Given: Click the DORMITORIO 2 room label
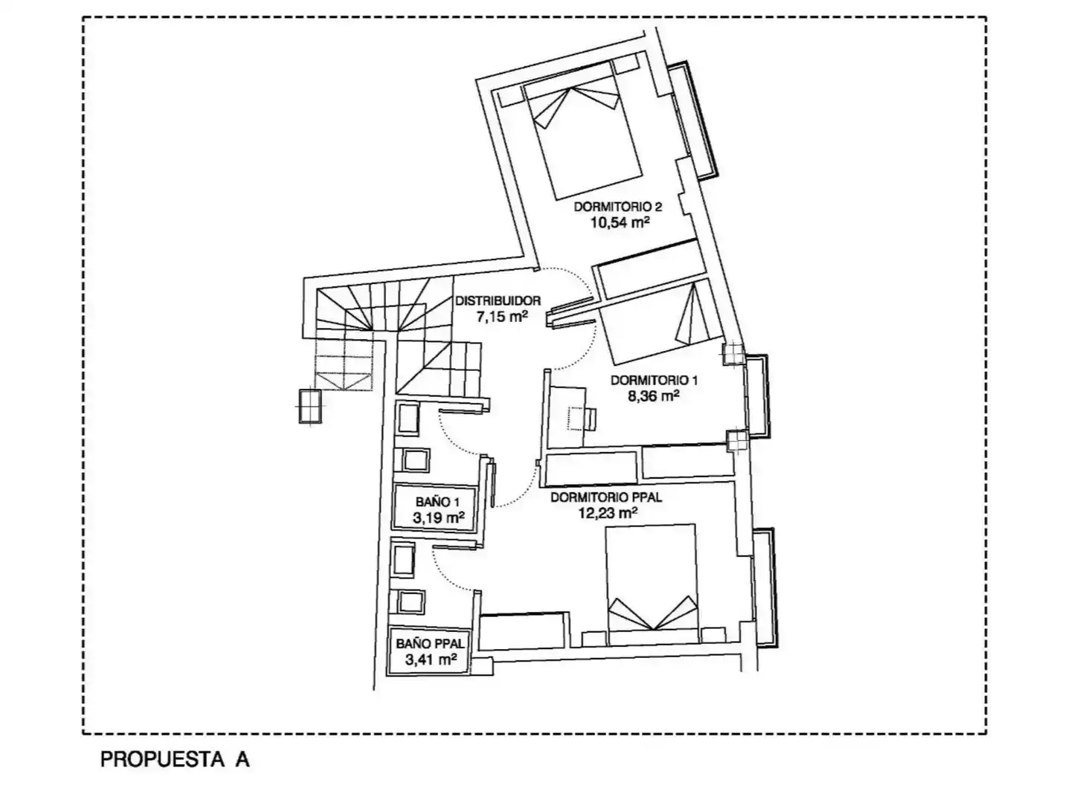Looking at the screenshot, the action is coord(617,207).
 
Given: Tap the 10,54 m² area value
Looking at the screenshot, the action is coord(620,223).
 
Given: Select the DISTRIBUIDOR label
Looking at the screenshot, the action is coord(498,301).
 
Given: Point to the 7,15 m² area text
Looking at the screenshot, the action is coord(502,317).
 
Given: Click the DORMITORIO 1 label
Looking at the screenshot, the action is coord(654,380).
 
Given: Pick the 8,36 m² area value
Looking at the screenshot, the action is coord(654,396).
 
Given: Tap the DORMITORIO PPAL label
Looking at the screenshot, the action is coord(606,497).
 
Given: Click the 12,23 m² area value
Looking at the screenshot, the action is coord(608,513).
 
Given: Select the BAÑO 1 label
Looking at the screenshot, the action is coord(437,501).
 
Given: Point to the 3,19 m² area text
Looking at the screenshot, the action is coord(438,517).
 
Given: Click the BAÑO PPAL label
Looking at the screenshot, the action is coord(431,644).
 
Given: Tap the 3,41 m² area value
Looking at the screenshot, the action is coord(431,660).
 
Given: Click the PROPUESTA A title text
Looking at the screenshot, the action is coord(176,759).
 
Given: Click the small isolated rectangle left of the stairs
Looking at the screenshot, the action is coord(310,406).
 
